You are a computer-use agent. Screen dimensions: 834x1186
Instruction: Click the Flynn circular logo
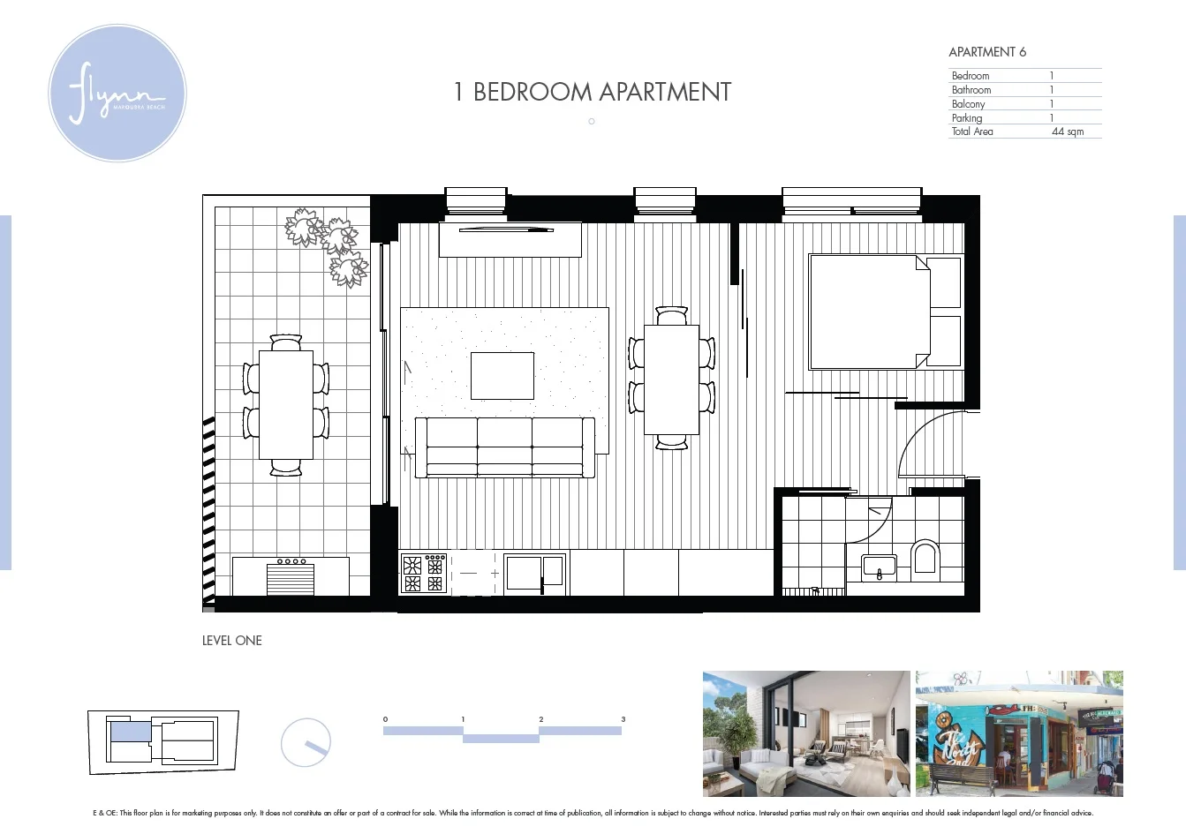(117, 94)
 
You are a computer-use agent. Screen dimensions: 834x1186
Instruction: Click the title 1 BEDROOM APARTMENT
(592, 92)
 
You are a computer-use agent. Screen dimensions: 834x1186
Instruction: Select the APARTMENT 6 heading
(986, 52)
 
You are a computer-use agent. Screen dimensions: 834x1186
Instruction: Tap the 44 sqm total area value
(1067, 131)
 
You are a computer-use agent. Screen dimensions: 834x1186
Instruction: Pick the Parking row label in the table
(966, 117)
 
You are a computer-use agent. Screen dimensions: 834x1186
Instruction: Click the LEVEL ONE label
(231, 641)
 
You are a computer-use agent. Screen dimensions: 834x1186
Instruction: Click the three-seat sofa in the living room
(504, 447)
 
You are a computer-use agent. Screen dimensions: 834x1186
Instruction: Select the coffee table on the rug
(502, 375)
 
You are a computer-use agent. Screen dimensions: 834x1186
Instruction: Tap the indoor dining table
(671, 379)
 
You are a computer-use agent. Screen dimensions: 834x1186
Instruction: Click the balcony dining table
(285, 404)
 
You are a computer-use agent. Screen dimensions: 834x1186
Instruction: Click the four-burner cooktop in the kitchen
(423, 574)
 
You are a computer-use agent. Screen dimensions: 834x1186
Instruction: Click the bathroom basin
(878, 567)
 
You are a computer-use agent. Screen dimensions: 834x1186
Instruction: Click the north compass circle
(306, 743)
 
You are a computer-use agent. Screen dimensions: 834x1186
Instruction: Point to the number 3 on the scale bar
(623, 719)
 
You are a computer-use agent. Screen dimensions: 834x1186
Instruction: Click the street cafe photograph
(1018, 733)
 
